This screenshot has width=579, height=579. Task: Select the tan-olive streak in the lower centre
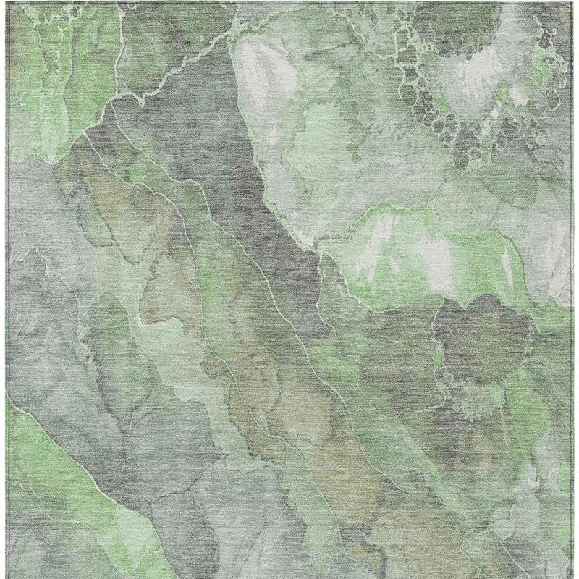(x=304, y=405)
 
